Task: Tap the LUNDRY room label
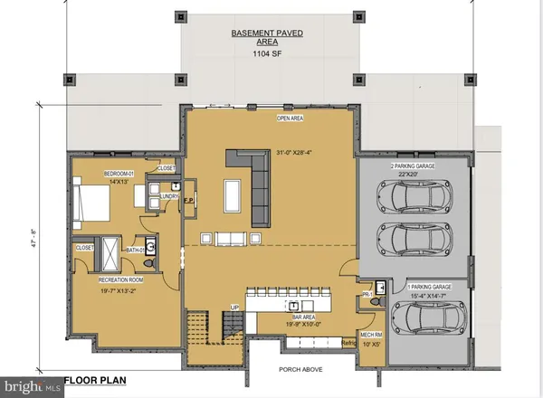[167, 195]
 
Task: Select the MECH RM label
[372, 335]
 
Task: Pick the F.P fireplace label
[188, 201]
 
